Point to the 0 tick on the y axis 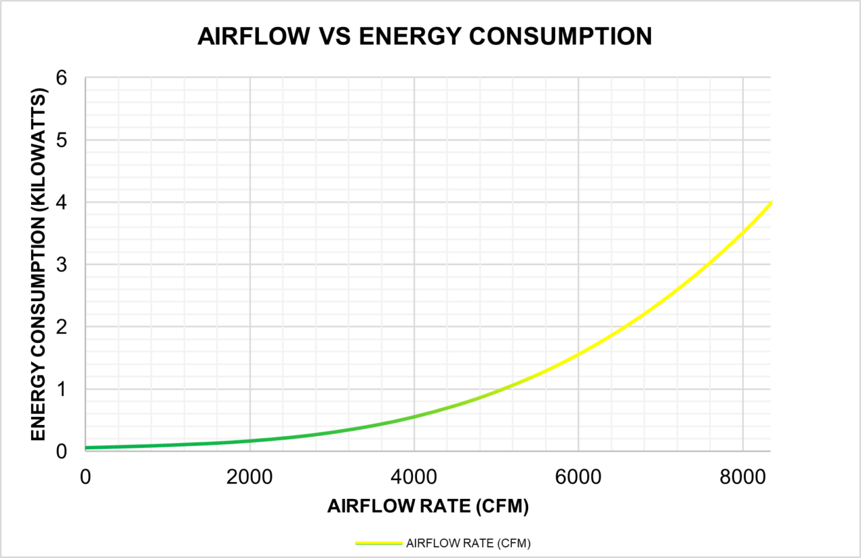tap(61, 452)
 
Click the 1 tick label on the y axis tap(61, 389)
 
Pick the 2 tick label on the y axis tap(61, 327)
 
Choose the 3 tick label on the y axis tap(61, 265)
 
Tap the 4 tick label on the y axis tap(61, 202)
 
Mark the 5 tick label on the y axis tap(61, 140)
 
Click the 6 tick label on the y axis tap(61, 78)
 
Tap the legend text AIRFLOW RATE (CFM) tap(468, 544)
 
